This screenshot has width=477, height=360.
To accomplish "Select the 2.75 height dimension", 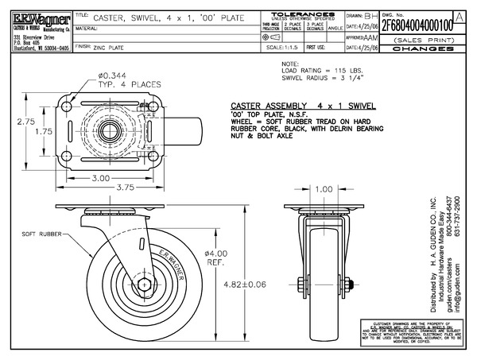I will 25,122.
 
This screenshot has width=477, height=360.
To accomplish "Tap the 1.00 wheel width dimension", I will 324,189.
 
